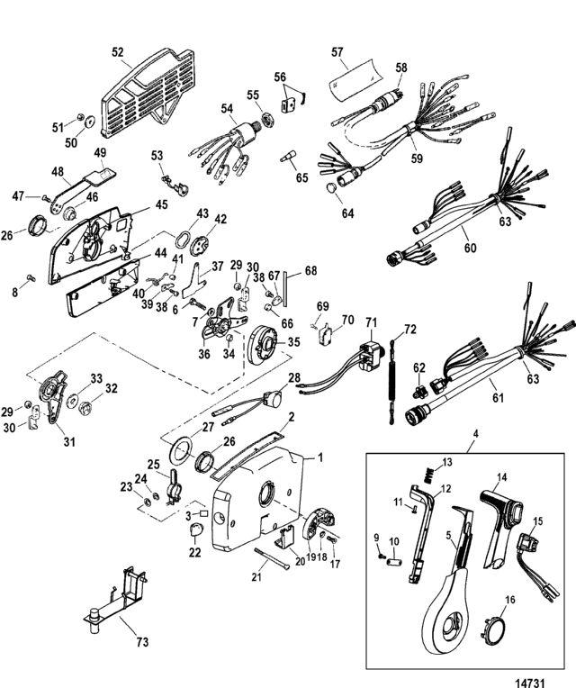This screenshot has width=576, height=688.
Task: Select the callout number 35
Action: pos(293,342)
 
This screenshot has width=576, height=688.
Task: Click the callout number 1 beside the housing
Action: pos(319,457)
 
